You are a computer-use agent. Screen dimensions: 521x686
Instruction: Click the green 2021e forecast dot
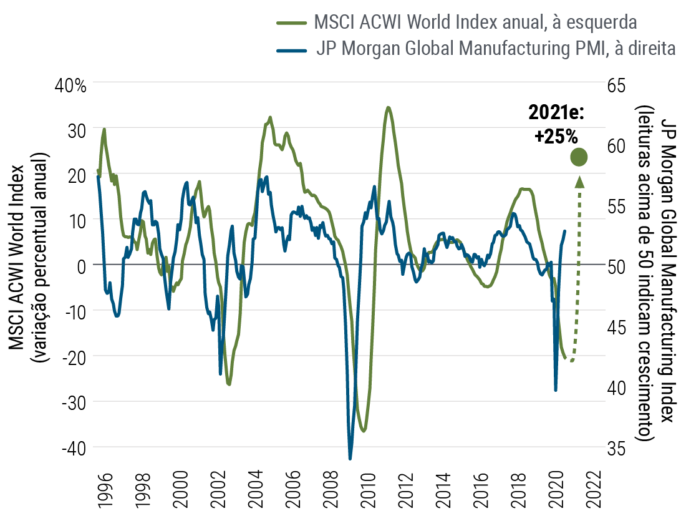coord(579,158)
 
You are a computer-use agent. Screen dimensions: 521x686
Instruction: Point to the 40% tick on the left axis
coord(72,85)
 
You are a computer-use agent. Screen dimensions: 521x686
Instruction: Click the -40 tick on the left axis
coord(73,447)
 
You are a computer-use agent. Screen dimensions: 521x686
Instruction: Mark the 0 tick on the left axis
coord(81,266)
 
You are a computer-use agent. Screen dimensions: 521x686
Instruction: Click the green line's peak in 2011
coord(388,107)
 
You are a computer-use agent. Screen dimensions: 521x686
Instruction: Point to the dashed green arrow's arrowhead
coord(579,181)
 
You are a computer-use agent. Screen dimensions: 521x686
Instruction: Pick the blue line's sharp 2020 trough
coord(556,391)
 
